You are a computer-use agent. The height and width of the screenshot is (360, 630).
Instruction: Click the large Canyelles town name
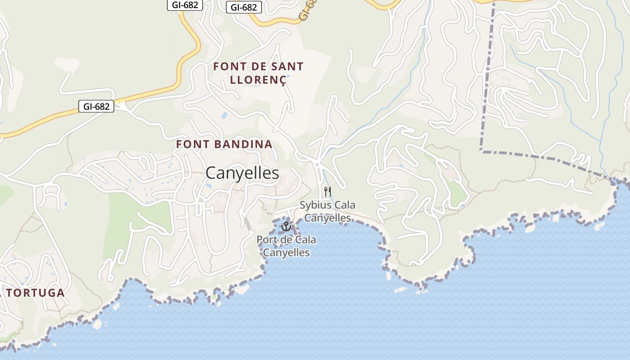coord(242,173)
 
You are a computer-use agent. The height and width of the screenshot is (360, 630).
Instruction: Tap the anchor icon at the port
coord(286,226)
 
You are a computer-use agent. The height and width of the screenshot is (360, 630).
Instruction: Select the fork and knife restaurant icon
coord(327,192)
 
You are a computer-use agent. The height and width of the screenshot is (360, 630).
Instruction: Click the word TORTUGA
coord(36,292)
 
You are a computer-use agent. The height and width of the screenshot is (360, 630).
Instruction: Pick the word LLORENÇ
coord(258,80)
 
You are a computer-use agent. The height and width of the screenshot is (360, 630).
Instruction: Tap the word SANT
coord(286,67)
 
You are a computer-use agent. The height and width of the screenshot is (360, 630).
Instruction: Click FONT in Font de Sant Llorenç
coord(229,67)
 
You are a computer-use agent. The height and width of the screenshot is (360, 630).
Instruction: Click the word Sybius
coord(315,205)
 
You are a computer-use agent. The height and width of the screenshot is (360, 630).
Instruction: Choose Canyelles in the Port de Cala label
coord(286,252)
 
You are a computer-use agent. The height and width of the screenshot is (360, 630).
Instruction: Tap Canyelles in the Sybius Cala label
coord(327,218)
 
